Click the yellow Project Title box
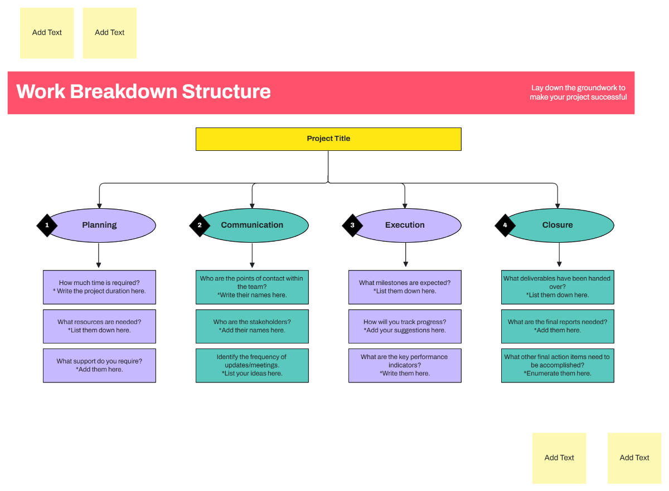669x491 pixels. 328,139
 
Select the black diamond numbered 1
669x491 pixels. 47,225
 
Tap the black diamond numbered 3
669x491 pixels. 352,225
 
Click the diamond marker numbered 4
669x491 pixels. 505,225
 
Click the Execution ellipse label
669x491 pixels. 405,225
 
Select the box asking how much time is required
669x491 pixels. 99,287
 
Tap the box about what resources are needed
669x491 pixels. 99,326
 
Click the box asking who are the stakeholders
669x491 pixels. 252,326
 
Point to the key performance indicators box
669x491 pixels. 405,365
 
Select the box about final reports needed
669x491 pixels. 557,326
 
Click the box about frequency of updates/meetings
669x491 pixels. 252,365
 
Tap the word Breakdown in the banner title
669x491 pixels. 123,91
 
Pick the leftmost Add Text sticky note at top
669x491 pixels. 47,33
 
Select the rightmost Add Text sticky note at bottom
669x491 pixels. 634,458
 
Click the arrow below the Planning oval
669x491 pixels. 99,256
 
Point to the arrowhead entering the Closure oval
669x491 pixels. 557,205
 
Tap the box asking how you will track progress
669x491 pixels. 405,326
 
